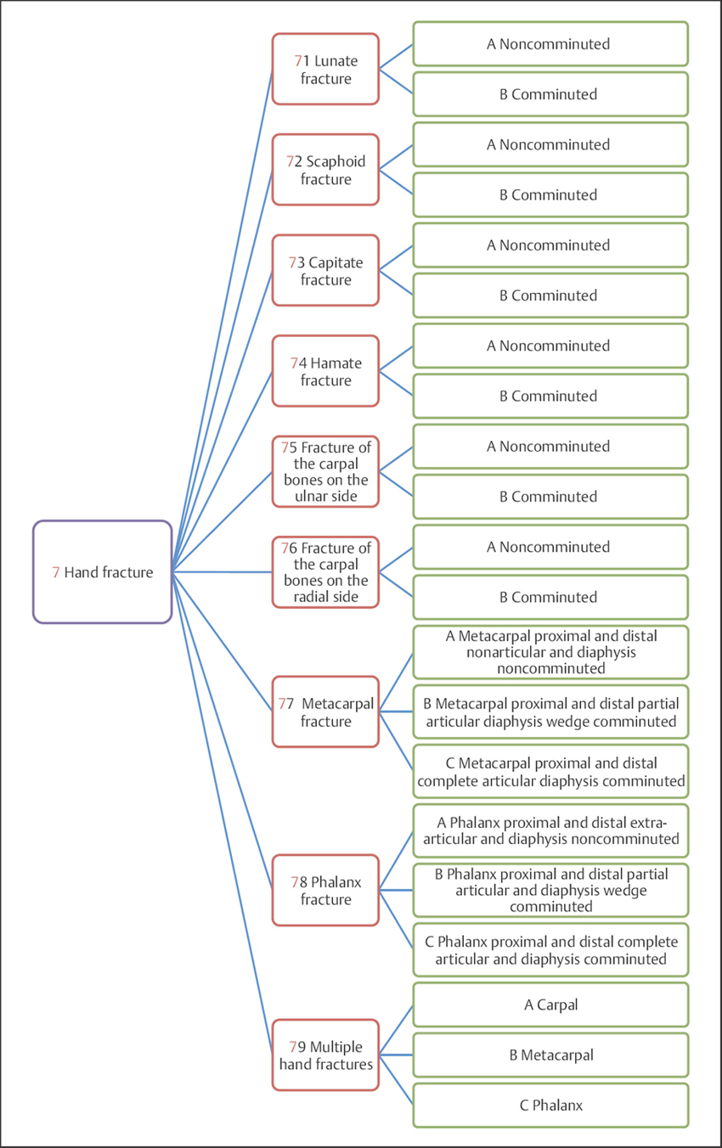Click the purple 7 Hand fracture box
coord(103,572)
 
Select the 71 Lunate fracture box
coord(325,70)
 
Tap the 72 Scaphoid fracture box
coord(325,170)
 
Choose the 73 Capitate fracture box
coord(325,271)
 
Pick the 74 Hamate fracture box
coord(325,371)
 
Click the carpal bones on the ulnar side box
coord(325,472)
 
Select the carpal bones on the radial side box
coord(325,572)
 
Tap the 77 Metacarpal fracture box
coord(325,712)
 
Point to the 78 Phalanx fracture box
coord(325,891)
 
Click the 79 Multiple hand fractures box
coord(325,1055)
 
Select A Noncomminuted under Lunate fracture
coord(550,44)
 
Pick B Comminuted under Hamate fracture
coord(550,396)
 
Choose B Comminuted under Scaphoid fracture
coord(550,194)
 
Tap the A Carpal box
coord(550,1005)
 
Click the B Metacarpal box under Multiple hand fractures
coord(550,1055)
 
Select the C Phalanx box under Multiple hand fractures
coord(550,1106)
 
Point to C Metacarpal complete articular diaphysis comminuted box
coord(550,771)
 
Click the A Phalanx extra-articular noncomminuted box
coord(550,830)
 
